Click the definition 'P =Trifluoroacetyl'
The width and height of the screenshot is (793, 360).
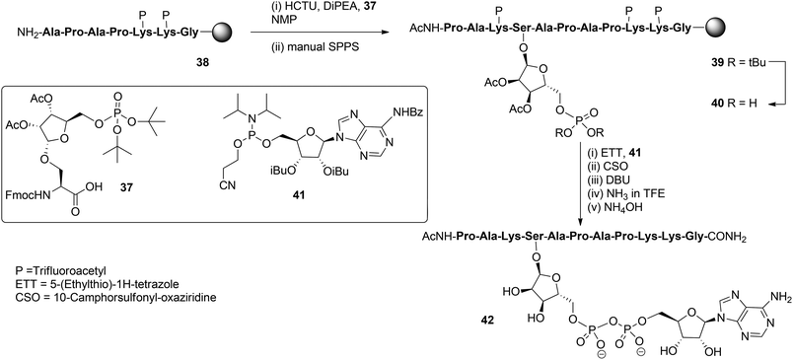click(50, 295)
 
